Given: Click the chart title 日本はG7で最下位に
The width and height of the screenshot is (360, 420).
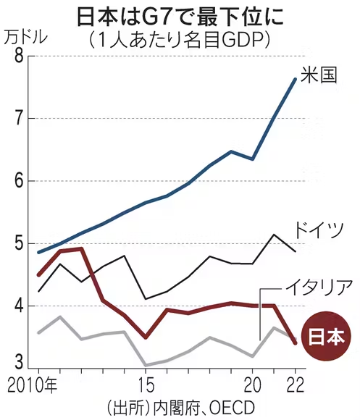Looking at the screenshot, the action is tap(180, 17).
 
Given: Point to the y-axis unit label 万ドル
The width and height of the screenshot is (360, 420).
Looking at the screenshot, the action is tap(26, 38).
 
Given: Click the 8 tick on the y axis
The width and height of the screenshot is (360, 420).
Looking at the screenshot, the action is tap(19, 56).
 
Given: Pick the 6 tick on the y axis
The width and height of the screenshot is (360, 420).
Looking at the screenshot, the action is tap(19, 181).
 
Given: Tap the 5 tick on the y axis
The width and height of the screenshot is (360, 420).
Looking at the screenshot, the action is tap(19, 243).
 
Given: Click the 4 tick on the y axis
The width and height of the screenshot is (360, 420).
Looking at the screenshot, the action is tap(19, 306).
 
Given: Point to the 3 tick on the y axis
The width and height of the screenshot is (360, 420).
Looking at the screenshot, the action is tap(19, 362).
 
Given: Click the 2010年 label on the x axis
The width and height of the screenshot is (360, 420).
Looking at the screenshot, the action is tap(33, 386).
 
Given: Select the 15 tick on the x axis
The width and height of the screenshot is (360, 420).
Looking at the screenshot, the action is tap(146, 386).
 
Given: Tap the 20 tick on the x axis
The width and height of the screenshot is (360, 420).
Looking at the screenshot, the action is tap(253, 386).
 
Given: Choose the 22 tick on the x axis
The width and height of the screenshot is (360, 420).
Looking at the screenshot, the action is tap(296, 386).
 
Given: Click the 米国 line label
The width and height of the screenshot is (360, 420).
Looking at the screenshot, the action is tap(318, 75).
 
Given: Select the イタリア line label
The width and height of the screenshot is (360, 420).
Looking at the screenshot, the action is tap(318, 287).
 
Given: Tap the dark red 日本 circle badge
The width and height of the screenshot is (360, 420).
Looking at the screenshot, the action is tap(326, 336).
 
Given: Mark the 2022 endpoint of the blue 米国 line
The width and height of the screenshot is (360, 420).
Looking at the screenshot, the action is tap(296, 79).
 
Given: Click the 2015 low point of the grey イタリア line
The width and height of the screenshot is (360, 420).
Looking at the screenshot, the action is tap(146, 365).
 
